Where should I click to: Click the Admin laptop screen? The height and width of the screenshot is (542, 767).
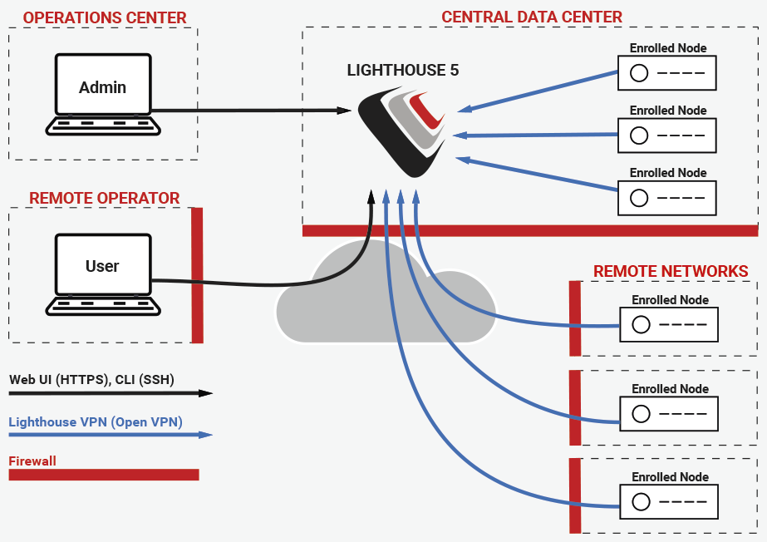tap(103, 84)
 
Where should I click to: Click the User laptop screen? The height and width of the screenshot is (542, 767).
tap(103, 264)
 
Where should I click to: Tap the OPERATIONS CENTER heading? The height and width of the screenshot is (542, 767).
tap(105, 17)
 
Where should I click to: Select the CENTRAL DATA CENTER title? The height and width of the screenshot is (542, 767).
tap(532, 17)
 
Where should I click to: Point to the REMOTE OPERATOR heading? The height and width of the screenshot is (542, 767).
tap(104, 198)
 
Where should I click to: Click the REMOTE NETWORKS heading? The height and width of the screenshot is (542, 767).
tap(671, 271)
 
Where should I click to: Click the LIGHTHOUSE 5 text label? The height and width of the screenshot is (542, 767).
tap(402, 71)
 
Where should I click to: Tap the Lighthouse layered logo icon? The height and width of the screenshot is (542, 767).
tap(402, 132)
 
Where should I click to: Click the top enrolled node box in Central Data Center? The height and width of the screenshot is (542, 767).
tap(667, 73)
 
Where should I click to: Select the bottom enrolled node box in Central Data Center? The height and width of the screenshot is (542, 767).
tap(667, 198)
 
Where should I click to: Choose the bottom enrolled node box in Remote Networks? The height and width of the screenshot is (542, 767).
tap(669, 502)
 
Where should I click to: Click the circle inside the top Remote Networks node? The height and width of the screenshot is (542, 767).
tap(641, 324)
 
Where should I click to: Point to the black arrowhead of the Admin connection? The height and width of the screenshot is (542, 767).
tap(344, 111)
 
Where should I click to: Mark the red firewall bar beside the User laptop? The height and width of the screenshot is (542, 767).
tap(197, 275)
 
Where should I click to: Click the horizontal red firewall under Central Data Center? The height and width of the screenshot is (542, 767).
tap(530, 231)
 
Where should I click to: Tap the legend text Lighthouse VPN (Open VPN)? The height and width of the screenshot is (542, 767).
tap(96, 422)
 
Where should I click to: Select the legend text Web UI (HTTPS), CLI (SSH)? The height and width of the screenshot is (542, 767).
tap(91, 380)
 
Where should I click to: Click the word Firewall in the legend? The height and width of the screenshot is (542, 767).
tap(32, 461)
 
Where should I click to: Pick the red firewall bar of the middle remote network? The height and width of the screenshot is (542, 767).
tap(575, 407)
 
